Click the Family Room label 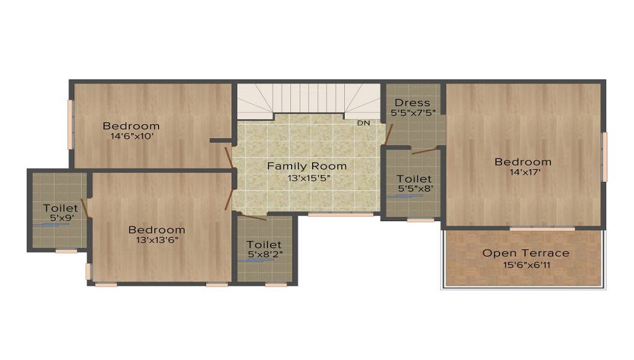(x=307, y=166)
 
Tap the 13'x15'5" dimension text (x=309, y=178)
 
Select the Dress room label (x=412, y=103)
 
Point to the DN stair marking (x=363, y=123)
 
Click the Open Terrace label (x=526, y=253)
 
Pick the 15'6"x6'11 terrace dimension (x=526, y=265)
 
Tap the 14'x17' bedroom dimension (x=523, y=172)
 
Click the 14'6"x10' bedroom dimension (x=132, y=136)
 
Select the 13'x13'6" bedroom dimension (x=157, y=240)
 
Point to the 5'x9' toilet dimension (x=60, y=219)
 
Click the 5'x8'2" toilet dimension (x=264, y=255)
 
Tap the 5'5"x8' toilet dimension (x=414, y=189)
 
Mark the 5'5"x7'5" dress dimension (x=411, y=113)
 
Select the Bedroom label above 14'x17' (x=523, y=162)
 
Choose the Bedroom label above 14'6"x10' (x=131, y=126)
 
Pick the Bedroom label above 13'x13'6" (x=157, y=229)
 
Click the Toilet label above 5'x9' (x=61, y=208)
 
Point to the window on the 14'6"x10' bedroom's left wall (x=71, y=125)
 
